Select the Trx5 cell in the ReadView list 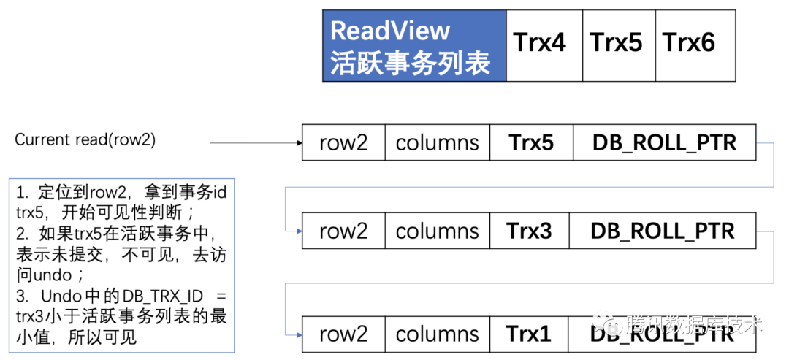(x=616, y=44)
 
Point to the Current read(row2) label (x=85, y=140)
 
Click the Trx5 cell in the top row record (x=530, y=142)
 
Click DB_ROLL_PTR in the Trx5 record (x=663, y=142)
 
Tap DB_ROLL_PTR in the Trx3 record (x=663, y=231)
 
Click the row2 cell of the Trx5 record (x=343, y=142)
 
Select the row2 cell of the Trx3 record (x=343, y=231)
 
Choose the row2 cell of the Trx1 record (x=343, y=334)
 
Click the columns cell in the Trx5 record (x=437, y=142)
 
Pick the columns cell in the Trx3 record (x=437, y=231)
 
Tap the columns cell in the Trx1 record (x=437, y=334)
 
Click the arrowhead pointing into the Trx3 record (x=298, y=231)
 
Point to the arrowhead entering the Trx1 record (x=298, y=334)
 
